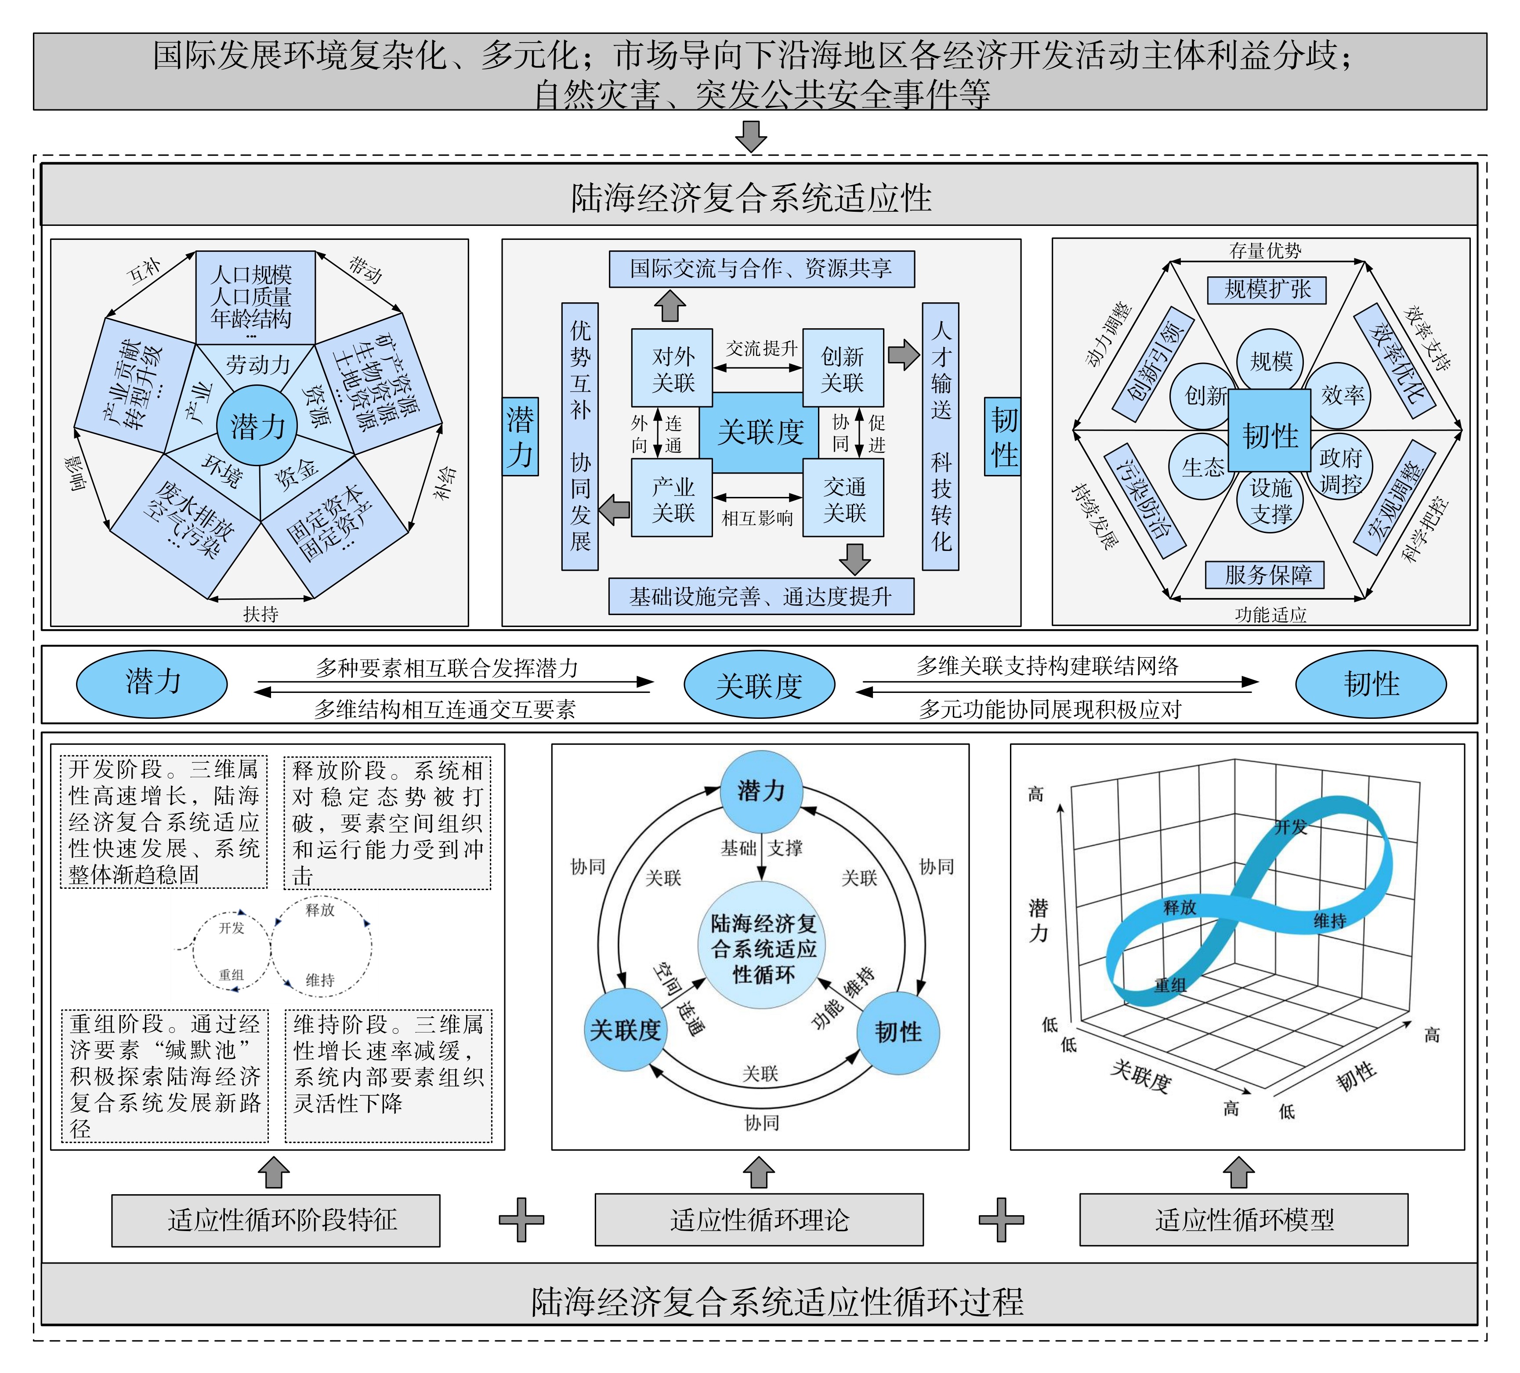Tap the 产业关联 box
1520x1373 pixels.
coord(672,498)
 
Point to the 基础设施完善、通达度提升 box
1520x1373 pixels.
coord(761,596)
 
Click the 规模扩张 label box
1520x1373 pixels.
coord(1267,290)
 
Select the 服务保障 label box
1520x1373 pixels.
coord(1264,575)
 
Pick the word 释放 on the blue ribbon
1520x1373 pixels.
coord(1180,907)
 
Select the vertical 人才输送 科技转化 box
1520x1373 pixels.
coord(940,437)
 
